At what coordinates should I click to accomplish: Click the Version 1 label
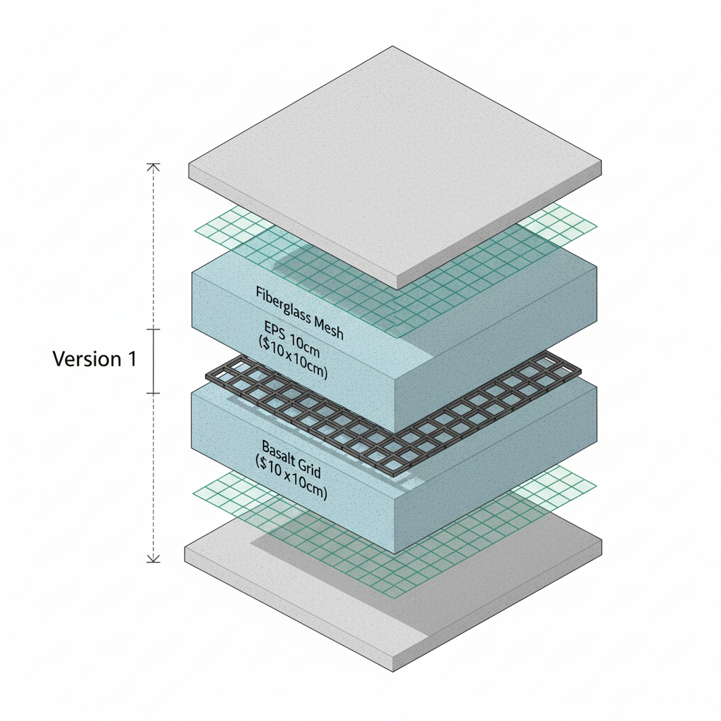[94, 359]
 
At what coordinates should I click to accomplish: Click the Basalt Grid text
[291, 454]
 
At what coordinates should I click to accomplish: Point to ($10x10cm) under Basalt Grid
[291, 479]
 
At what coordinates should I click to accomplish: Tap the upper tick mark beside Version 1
[153, 330]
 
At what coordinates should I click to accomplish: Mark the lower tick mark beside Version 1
[153, 392]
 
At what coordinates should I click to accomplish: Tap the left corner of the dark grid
[208, 377]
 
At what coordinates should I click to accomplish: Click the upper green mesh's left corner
[195, 230]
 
